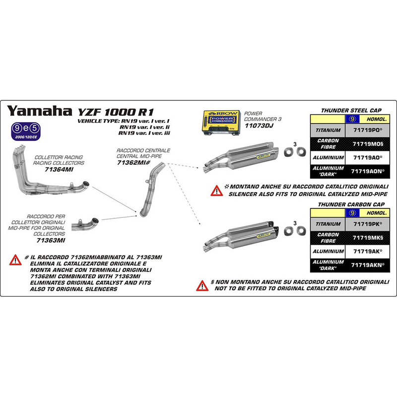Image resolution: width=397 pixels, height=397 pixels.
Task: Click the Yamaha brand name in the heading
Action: click(39, 111)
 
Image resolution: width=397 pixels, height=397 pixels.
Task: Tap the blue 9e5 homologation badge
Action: click(26, 132)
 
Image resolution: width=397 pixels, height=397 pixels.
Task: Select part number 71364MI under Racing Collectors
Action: click(59, 169)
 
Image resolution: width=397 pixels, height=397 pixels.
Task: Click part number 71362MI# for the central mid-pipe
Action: click(133, 163)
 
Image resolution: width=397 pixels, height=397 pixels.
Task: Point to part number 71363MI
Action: click(51, 240)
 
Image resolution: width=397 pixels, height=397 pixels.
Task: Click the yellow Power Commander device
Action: click(220, 123)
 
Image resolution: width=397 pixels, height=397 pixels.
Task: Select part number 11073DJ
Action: click(259, 126)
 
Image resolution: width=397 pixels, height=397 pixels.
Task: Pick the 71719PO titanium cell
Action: click(368, 130)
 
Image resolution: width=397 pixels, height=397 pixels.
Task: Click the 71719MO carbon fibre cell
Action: click(368, 144)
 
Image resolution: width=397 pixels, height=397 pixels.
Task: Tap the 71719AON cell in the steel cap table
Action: click(368, 171)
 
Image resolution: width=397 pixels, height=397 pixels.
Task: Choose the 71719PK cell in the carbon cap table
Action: click(368, 224)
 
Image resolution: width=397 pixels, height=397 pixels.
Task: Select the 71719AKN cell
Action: click(368, 265)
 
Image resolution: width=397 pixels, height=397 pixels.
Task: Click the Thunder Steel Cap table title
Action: click(351, 110)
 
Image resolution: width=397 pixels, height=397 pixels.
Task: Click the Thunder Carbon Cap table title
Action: click(351, 204)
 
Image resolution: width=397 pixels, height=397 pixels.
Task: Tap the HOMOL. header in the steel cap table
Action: click(375, 119)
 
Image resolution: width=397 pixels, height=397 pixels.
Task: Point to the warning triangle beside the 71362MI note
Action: click(15, 260)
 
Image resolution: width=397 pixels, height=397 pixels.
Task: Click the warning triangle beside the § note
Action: click(202, 286)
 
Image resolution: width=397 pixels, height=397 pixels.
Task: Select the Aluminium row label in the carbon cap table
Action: click(328, 252)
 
